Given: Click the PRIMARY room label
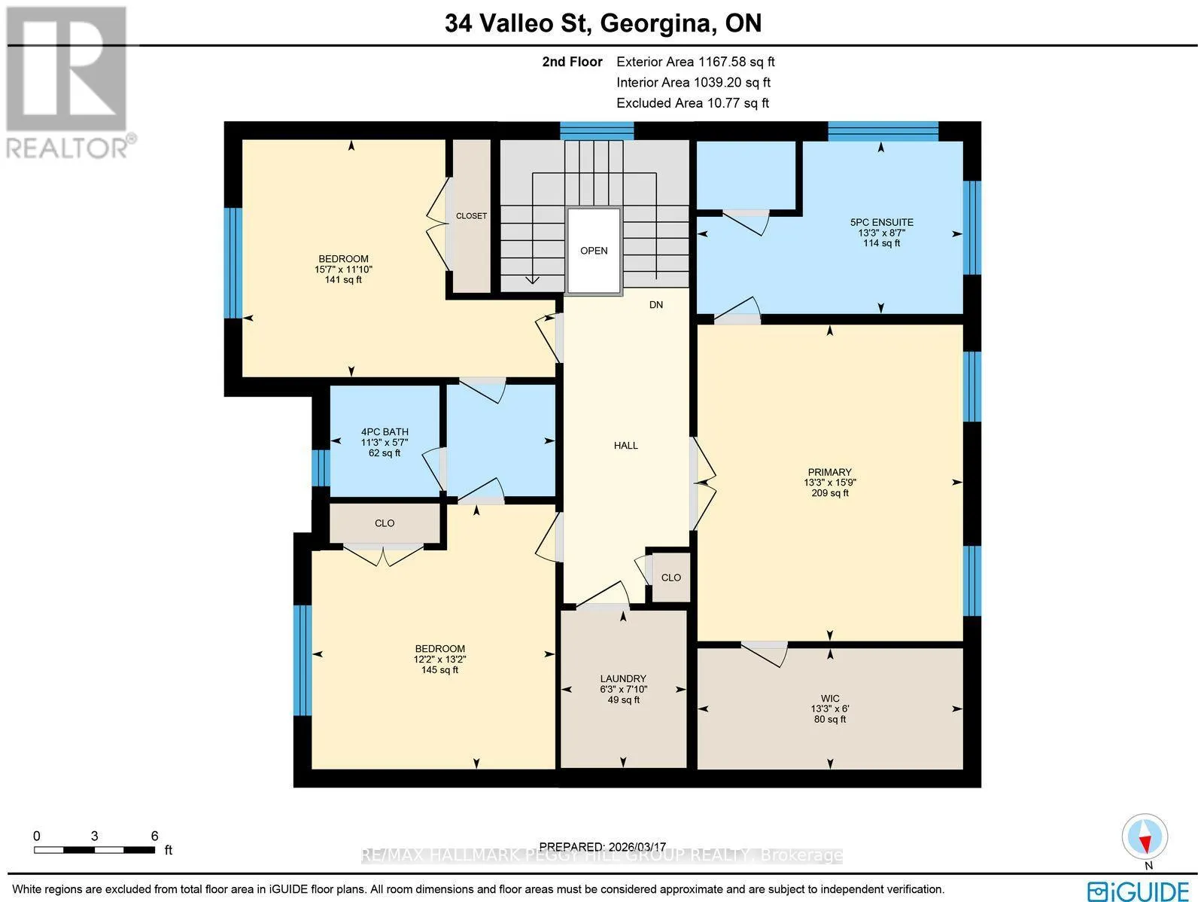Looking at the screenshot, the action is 829,472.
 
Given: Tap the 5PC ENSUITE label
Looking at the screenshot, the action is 881,222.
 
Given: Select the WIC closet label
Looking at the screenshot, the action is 830,699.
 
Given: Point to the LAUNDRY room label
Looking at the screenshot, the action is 623,678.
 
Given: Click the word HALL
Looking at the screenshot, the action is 626,446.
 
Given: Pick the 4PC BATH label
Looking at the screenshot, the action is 385,431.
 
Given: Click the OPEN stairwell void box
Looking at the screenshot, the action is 594,251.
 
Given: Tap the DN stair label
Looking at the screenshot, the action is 656,304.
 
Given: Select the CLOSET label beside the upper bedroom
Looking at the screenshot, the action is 471,216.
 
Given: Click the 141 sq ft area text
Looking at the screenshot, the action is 343,279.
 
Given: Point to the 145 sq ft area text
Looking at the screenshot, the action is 440,669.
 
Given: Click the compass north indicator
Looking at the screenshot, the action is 1145,837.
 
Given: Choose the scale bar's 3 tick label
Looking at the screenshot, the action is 94,836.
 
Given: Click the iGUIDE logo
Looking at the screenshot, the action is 1138,891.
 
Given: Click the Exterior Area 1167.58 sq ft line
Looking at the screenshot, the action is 695,62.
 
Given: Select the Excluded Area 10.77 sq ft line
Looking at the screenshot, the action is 693,103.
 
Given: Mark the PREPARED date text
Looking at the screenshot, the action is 602,846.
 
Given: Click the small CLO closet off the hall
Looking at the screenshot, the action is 670,577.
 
